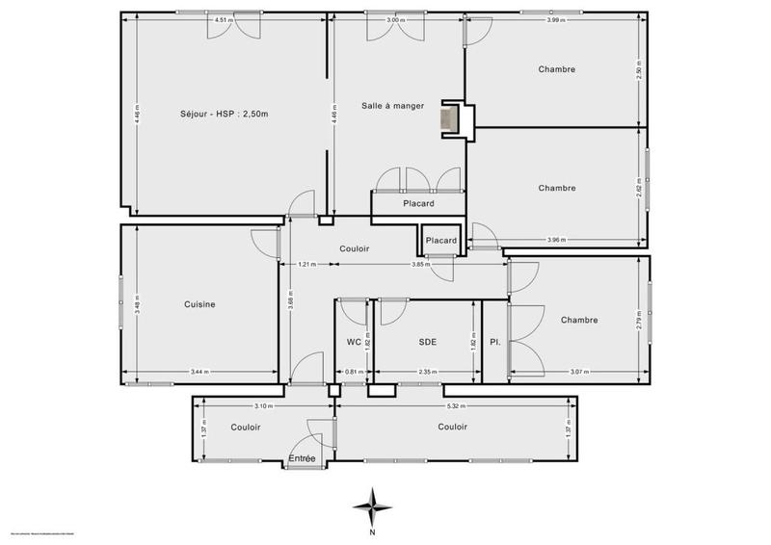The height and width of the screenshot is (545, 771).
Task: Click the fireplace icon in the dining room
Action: (x=449, y=117)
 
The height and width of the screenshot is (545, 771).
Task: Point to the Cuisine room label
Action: (x=199, y=304)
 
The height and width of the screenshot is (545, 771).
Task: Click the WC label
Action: (x=354, y=341)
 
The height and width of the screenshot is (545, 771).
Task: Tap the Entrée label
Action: (x=303, y=460)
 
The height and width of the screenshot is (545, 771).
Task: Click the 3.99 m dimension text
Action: (x=554, y=19)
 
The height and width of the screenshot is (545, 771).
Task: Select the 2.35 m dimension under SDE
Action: (x=427, y=372)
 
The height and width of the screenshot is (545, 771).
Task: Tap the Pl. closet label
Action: (x=494, y=341)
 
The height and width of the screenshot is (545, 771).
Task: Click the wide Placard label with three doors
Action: (x=417, y=203)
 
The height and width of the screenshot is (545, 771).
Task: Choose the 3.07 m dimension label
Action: (x=578, y=372)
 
